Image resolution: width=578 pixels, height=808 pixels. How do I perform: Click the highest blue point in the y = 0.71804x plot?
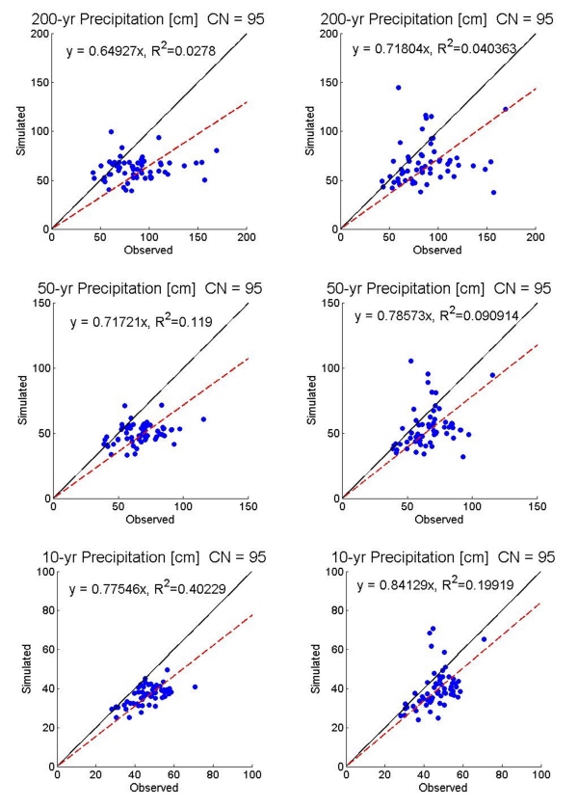point(398,88)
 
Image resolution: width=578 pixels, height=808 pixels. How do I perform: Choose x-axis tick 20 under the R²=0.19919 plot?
point(384,775)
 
